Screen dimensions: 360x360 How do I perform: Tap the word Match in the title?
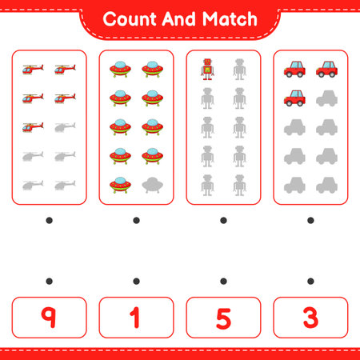click(231, 18)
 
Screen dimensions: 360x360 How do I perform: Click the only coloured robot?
click(208, 70)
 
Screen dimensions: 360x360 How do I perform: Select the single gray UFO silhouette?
click(152, 184)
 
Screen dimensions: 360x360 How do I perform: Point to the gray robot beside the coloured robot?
click(239, 70)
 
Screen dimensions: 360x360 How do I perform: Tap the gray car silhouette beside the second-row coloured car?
click(326, 98)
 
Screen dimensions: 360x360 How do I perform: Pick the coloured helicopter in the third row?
click(34, 126)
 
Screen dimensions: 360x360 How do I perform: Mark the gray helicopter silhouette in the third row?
click(65, 126)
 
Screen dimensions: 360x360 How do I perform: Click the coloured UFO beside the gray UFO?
click(121, 184)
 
